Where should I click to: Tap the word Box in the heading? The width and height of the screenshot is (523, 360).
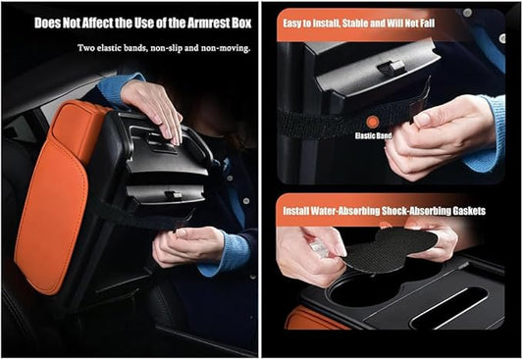pyautogui.click(x=240, y=23)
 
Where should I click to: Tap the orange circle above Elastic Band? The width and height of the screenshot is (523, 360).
pyautogui.click(x=372, y=123)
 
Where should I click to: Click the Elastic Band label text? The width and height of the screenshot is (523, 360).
pyautogui.click(x=373, y=135)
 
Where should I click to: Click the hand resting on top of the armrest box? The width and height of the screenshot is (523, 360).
pyautogui.click(x=153, y=107)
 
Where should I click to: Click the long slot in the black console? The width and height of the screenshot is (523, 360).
pyautogui.click(x=448, y=308)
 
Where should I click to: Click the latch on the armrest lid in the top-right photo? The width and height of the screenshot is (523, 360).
pyautogui.click(x=391, y=68)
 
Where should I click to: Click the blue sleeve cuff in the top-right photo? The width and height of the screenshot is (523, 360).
pyautogui.click(x=487, y=133)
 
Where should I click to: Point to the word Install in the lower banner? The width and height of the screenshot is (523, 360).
pyautogui.click(x=296, y=211)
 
